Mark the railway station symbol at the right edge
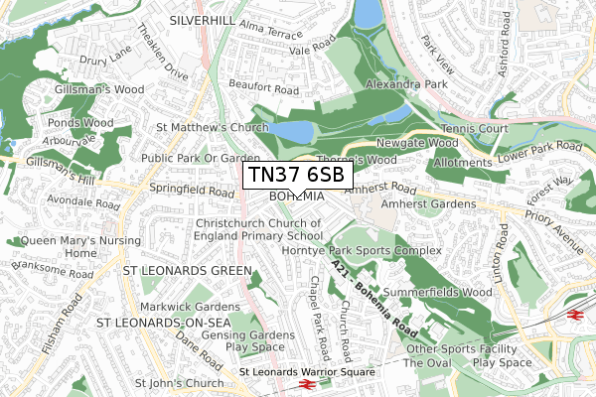[x=574, y=314]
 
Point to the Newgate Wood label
[x=417, y=143]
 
